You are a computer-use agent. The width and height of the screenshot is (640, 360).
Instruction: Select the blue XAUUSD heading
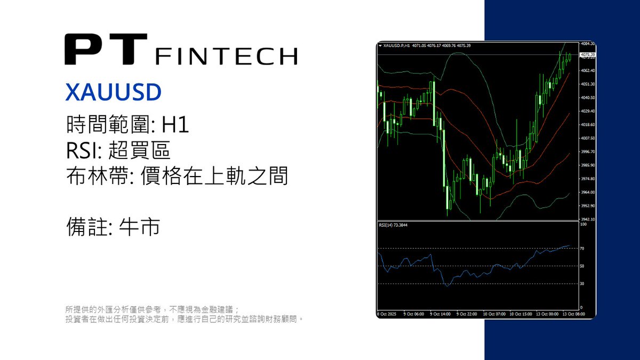tap(113, 92)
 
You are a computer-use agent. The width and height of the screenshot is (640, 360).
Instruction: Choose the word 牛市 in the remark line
tap(140, 228)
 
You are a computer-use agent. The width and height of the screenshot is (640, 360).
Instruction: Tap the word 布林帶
tap(88, 177)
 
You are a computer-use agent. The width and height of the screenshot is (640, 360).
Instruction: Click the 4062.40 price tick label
tap(588, 71)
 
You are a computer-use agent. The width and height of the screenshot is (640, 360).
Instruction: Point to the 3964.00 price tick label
tap(588, 192)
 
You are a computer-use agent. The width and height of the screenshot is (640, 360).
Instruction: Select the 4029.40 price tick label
tap(588, 111)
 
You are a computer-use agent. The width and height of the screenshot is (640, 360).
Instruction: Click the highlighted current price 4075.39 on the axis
tap(588, 55)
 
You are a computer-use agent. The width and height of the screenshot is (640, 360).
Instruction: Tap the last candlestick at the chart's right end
tap(570, 57)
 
